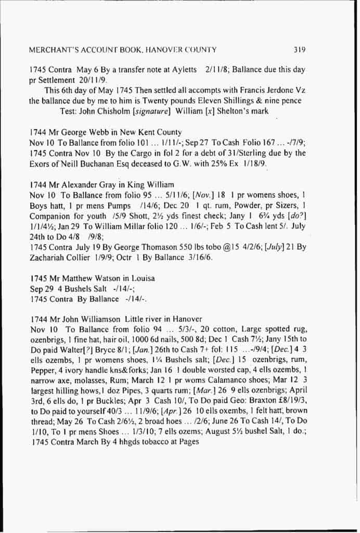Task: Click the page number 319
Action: click(x=299, y=50)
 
